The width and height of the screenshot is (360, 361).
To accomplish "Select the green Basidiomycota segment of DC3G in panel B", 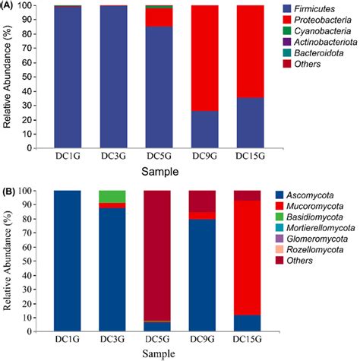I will click(x=112, y=196).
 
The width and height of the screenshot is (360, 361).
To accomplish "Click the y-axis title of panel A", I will click(x=10, y=76).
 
